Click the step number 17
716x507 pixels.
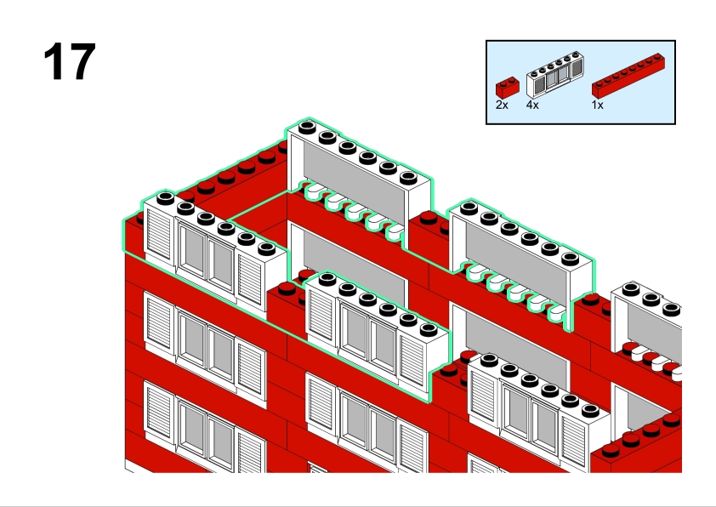point(69,62)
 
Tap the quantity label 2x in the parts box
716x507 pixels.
point(502,105)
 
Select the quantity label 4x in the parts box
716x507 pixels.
point(533,105)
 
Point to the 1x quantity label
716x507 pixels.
point(598,105)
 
